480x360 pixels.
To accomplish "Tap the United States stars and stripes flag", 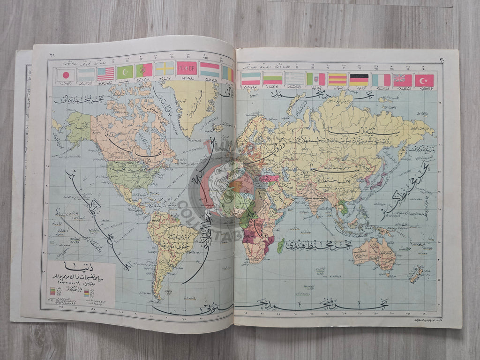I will tap(105, 73).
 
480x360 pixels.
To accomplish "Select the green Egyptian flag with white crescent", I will tap(125, 72).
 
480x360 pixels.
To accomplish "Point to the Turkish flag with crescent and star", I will tap(424, 80).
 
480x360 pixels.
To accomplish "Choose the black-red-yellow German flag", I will tap(359, 80).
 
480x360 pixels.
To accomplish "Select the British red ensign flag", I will tap(403, 80).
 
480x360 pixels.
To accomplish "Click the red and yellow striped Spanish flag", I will tap(337, 79).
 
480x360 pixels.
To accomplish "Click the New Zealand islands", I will tap(415, 274).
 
